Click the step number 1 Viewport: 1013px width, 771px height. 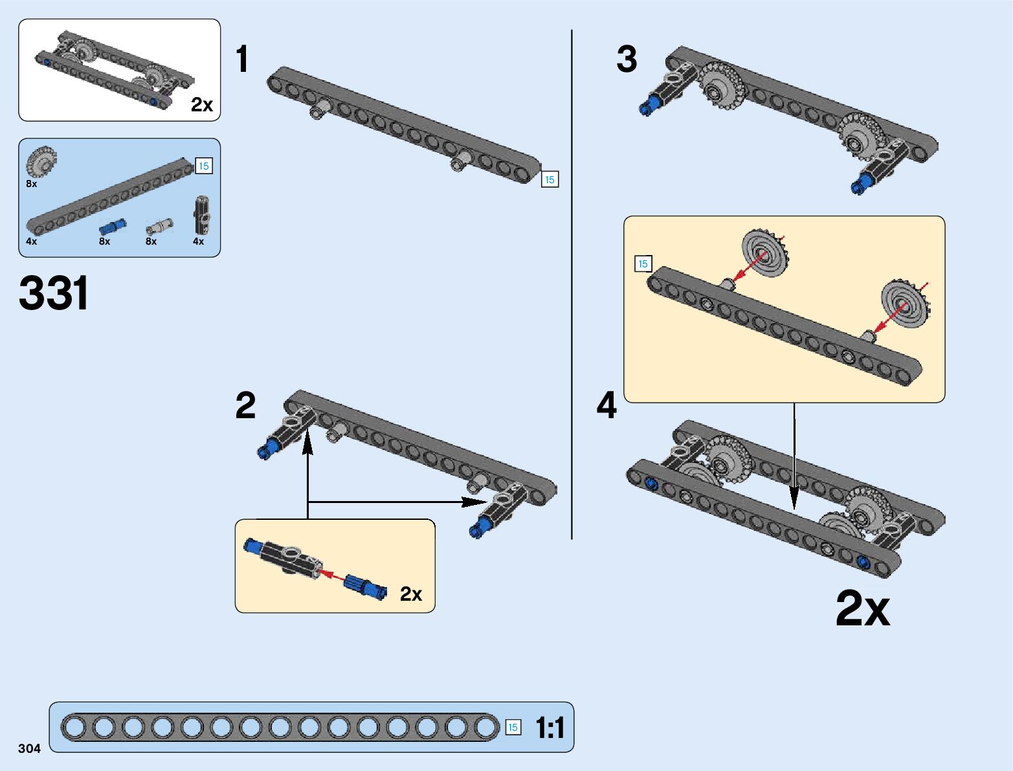242,59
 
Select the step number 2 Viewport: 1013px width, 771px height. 245,406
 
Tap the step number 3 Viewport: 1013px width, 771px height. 627,59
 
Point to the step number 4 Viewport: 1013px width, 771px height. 607,406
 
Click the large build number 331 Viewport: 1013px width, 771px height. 54,293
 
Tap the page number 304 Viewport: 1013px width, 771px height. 29,748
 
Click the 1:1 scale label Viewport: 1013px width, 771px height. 550,728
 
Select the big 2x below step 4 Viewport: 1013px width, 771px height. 863,609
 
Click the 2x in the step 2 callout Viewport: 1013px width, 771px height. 411,594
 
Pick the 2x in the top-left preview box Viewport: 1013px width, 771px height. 202,105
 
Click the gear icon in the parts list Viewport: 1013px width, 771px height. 41,161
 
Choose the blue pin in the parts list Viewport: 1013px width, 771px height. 113,227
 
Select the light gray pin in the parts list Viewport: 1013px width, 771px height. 159,226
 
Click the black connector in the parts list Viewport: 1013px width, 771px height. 202,215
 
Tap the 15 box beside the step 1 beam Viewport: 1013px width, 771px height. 550,179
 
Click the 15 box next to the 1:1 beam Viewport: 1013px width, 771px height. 513,728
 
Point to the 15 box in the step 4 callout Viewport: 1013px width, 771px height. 643,263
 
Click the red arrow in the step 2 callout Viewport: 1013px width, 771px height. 333,575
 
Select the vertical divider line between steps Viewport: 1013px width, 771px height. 572,285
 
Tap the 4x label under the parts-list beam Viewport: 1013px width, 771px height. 32,241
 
